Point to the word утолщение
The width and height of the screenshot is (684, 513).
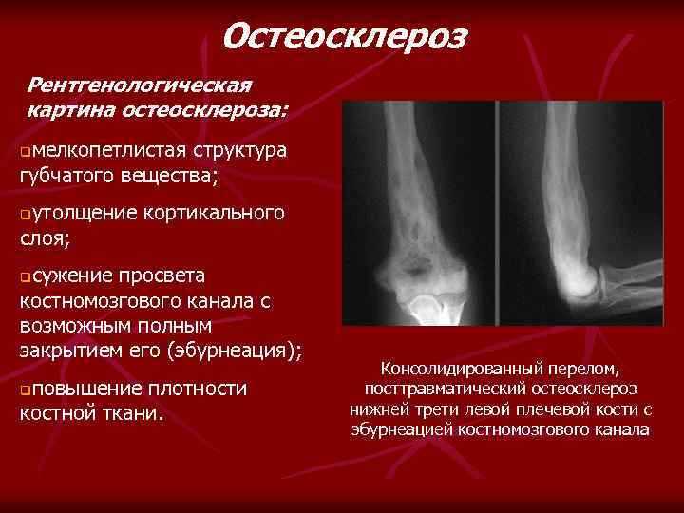pyautogui.click(x=82, y=211)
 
